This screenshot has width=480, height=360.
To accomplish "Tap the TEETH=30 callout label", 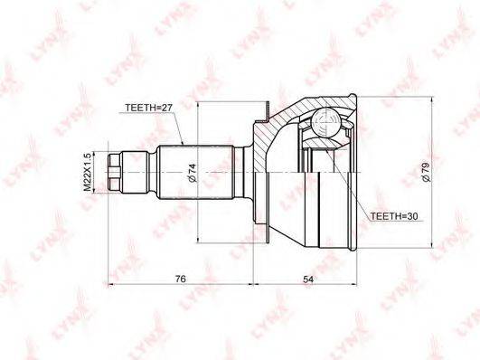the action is (x=394, y=216).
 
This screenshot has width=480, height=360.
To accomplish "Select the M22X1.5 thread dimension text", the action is (x=88, y=173).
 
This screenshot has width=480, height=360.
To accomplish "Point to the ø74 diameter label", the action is (x=192, y=173).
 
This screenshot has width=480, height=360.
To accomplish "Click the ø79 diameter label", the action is (x=426, y=173).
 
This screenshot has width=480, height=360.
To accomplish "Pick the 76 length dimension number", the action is (x=180, y=279).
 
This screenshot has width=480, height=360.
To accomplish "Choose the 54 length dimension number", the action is (x=308, y=279).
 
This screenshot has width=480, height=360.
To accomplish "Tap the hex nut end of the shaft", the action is (x=114, y=173).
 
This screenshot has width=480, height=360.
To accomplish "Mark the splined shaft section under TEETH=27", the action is (x=195, y=173).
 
